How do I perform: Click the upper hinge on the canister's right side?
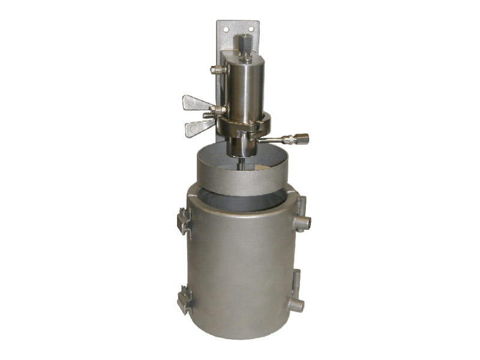[302, 215]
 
